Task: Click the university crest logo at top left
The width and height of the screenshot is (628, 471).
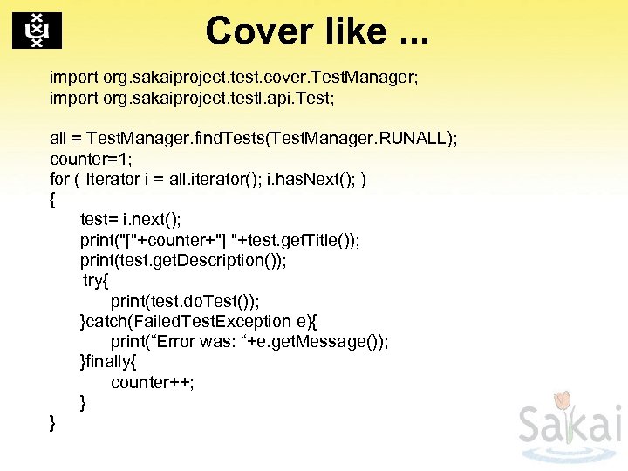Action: point(37,31)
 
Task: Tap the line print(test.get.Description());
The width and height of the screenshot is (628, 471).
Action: point(183,260)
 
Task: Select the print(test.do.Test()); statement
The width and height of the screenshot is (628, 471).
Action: point(185,301)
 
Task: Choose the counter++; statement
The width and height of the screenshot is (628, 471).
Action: point(153,382)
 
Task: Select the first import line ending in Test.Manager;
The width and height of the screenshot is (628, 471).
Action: point(234,78)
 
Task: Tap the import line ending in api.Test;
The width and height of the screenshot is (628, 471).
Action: point(192,98)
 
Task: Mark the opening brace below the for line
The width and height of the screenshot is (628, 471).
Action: point(53,199)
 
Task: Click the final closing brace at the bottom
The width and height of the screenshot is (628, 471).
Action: point(53,423)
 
